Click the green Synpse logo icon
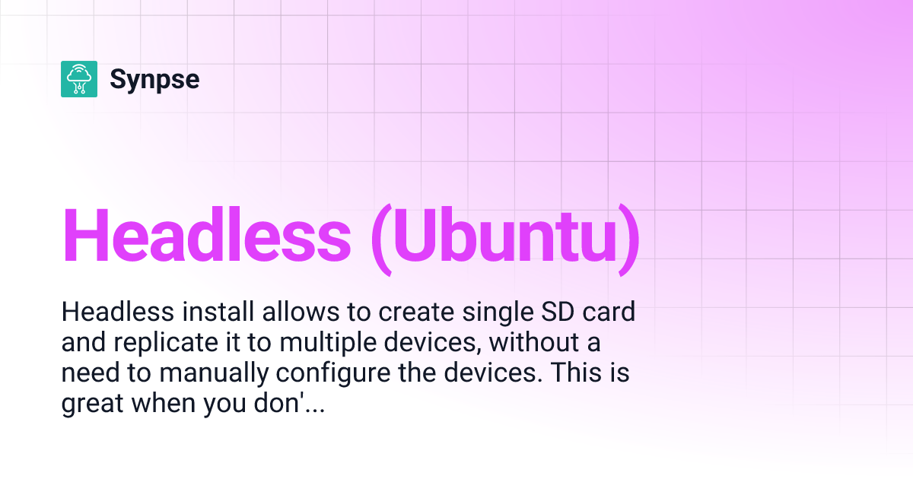click(x=79, y=79)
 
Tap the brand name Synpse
click(x=154, y=79)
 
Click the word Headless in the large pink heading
click(x=206, y=235)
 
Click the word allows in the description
click(x=287, y=312)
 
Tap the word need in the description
click(x=90, y=375)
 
